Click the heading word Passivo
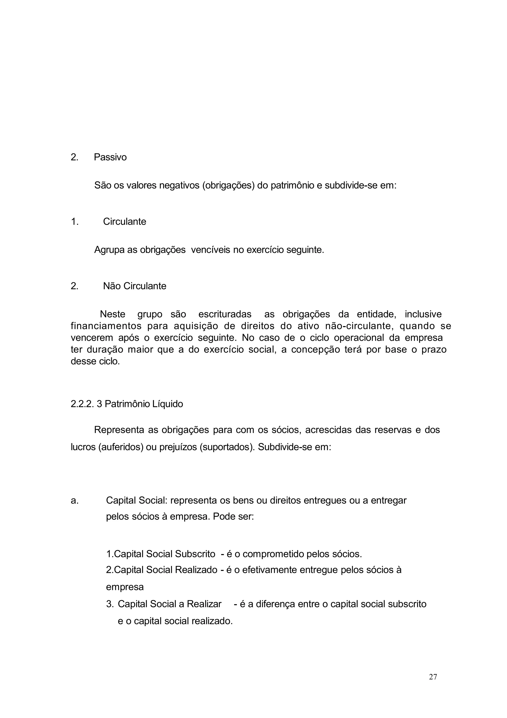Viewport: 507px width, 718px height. (110, 157)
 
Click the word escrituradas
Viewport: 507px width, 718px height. (225, 314)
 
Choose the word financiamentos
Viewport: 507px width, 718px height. (106, 326)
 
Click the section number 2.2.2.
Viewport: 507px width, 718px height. (82, 404)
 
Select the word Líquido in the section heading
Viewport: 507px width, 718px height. (167, 404)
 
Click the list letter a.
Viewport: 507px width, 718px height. (75, 500)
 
